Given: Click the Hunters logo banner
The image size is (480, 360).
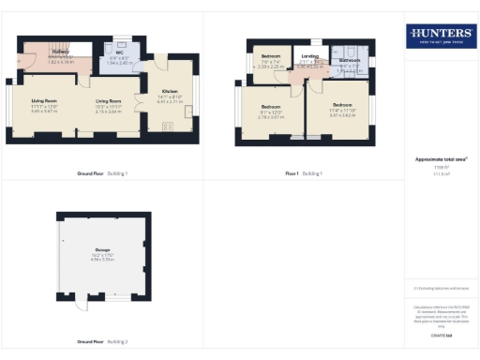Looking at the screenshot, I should (x=439, y=36).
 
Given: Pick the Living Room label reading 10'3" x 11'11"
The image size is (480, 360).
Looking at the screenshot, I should (x=108, y=104).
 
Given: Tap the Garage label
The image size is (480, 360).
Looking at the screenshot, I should (x=101, y=253).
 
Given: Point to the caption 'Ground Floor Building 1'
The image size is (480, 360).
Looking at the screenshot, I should (x=101, y=173).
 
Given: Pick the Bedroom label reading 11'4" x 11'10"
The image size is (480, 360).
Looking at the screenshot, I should (x=342, y=109).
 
